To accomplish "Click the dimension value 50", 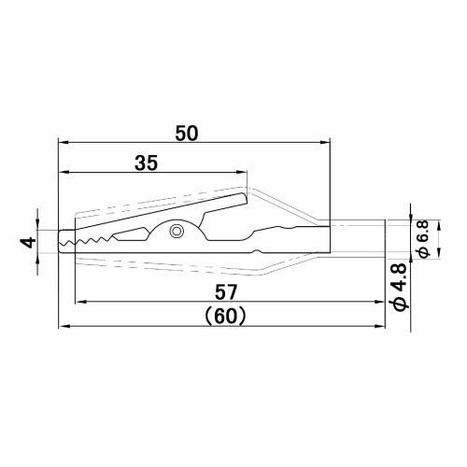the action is pos(187,134).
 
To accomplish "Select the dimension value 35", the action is pos(146,163).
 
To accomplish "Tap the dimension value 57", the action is pos(226,292).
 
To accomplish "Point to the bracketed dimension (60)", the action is pos(226,317).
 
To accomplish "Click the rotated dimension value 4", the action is pos(30,242).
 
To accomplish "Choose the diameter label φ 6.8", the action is pos(423,239).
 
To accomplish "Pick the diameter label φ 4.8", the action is pos(401,287).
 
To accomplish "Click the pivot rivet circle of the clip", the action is pos(177,232).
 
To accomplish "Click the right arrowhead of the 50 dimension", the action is pos(325,143).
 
